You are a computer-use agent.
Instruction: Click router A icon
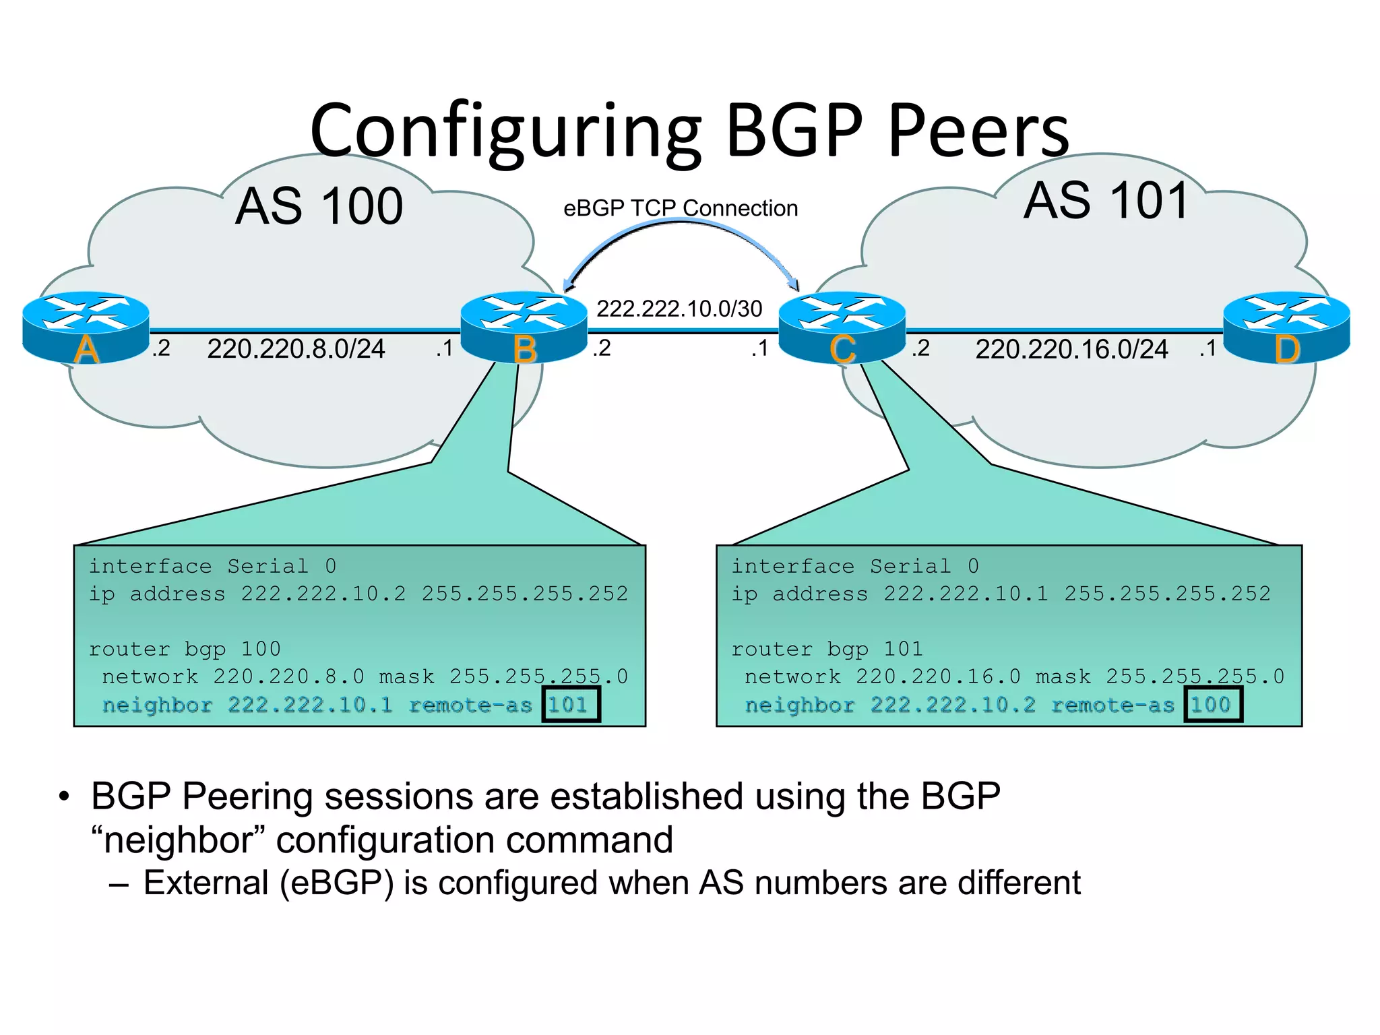pos(86,327)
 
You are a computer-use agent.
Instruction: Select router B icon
pos(524,327)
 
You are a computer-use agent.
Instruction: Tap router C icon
pos(842,327)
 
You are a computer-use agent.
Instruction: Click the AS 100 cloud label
pos(319,206)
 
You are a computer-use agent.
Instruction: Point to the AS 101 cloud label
pos(1106,201)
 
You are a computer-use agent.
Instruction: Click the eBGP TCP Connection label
pos(681,208)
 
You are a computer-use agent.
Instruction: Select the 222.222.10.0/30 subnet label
pos(679,309)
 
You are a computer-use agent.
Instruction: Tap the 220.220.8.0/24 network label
pos(296,349)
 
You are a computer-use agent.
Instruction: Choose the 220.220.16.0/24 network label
pos(1071,349)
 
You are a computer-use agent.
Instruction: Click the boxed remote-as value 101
pos(570,705)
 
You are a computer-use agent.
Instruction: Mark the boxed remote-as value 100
pos(1212,705)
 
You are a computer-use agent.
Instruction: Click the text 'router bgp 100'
pos(185,649)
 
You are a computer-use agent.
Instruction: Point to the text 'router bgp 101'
pos(827,649)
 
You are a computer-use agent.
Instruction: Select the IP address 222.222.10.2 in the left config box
pos(323,594)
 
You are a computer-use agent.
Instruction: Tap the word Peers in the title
pos(978,131)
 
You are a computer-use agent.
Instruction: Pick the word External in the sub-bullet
pos(206,883)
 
